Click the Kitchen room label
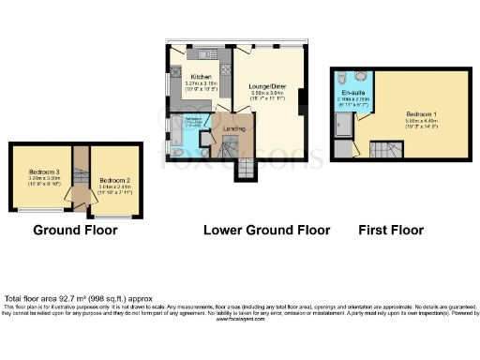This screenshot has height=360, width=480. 201,77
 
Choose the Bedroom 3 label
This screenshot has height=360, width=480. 43,173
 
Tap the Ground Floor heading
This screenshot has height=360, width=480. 75,230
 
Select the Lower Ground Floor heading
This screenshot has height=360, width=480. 267,230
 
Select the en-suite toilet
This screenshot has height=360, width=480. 342,78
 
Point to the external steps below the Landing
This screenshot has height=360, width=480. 242,170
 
